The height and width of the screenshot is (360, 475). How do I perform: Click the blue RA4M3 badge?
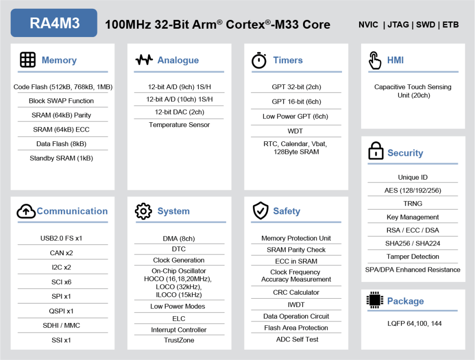click(x=54, y=23)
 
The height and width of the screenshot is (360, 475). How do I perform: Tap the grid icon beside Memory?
click(x=28, y=59)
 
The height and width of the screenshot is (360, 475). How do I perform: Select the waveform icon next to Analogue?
click(x=144, y=60)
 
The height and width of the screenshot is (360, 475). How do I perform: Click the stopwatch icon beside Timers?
click(x=259, y=60)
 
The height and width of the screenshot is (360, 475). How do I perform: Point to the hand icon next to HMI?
click(x=375, y=60)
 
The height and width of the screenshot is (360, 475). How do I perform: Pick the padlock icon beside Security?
click(x=376, y=151)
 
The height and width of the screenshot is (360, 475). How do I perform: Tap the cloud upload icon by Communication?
click(x=26, y=211)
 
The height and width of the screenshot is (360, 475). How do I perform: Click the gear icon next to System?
click(x=143, y=211)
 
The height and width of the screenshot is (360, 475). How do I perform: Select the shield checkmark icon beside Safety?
click(x=261, y=210)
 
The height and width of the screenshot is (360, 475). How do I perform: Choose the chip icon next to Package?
click(x=375, y=300)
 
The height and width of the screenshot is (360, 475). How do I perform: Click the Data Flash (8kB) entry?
click(x=61, y=144)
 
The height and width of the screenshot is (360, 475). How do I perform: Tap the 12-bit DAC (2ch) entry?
click(x=179, y=112)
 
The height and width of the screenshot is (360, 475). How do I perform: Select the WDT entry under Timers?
click(x=295, y=131)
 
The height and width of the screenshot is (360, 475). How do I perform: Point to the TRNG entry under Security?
click(x=413, y=204)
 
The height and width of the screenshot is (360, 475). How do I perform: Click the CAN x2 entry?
click(x=61, y=253)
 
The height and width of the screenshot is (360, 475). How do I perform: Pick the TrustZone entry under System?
click(x=179, y=341)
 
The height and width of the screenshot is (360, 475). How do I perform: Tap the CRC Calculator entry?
click(x=296, y=292)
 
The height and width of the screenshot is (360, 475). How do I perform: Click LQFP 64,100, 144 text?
click(x=415, y=323)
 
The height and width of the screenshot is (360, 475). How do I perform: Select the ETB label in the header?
click(x=451, y=25)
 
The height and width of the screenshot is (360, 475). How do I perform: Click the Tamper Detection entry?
click(x=413, y=257)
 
